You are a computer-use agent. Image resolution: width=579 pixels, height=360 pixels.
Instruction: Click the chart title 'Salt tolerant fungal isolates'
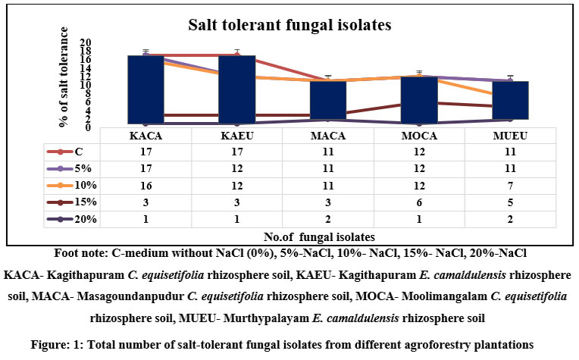click(289, 25)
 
